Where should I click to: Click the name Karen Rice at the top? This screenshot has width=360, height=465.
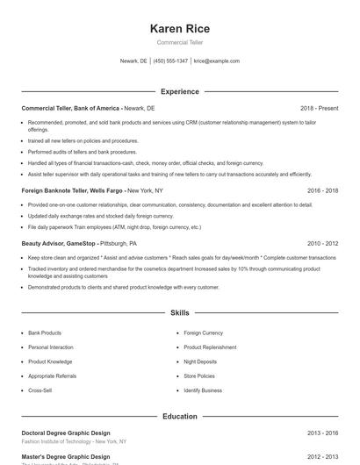[x=180, y=29]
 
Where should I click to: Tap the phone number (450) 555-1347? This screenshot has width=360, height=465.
[x=171, y=61]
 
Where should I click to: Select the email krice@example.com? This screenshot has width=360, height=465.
[x=217, y=61]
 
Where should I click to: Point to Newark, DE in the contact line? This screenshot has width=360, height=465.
[x=133, y=61]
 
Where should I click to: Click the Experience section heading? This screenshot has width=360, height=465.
[x=180, y=91]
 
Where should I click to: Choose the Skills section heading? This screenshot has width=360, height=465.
[x=180, y=312]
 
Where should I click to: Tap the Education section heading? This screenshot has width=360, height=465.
[x=180, y=416]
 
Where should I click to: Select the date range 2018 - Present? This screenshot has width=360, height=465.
[x=319, y=108]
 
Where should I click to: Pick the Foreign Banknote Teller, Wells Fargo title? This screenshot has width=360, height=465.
[x=73, y=190]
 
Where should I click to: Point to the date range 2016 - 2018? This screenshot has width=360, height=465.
[x=322, y=190]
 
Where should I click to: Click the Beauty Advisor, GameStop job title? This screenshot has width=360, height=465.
[x=60, y=243]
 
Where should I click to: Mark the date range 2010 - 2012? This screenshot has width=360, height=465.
[x=322, y=243]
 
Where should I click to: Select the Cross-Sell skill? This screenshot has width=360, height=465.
[x=40, y=390]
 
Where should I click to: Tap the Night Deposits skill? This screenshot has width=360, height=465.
[x=201, y=361]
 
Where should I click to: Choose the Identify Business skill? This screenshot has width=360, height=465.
[x=203, y=390]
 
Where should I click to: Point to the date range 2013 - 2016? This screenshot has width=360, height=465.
[x=322, y=433]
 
